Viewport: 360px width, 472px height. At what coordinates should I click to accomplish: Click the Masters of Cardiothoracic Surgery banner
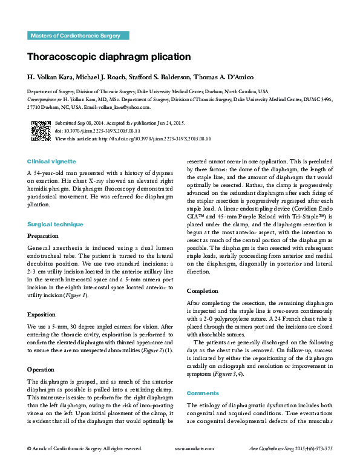(x=78, y=36)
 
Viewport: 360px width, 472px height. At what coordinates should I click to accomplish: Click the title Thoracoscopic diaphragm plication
(x=109, y=57)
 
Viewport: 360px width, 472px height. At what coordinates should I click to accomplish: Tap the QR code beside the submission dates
(x=41, y=131)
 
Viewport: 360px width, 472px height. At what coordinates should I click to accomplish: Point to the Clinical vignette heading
(x=51, y=162)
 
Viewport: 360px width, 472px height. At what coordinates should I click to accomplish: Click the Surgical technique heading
(x=55, y=224)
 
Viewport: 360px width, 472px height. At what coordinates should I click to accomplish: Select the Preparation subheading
(x=43, y=235)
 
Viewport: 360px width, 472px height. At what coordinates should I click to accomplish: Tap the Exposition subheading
(x=41, y=315)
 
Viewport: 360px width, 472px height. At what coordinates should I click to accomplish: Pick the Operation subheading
(x=41, y=369)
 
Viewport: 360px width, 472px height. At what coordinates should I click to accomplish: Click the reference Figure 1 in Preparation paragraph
(x=77, y=295)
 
